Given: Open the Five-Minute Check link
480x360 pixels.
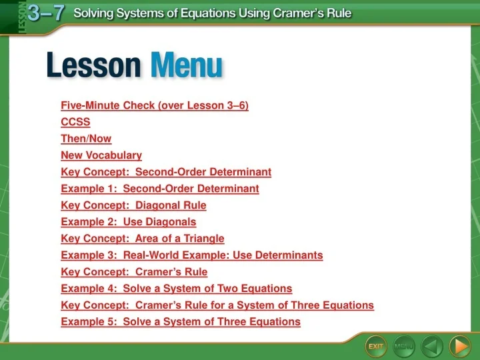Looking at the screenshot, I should (155, 105).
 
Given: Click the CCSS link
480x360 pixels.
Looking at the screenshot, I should (75, 122).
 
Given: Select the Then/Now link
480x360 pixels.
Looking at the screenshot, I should (86, 139).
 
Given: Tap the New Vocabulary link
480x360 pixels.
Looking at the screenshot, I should (101, 155).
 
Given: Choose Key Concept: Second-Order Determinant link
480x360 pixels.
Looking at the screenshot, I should (166, 172).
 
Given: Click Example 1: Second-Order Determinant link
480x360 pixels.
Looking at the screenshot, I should (160, 189).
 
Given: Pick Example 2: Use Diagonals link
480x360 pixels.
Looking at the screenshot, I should (129, 222).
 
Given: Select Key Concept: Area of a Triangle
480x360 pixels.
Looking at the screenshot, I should (143, 239).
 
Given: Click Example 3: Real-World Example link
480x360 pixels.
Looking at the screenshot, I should (192, 255).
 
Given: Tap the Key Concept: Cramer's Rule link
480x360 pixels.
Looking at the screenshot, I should (134, 272).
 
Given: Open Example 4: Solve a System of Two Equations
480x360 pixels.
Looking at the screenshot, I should (177, 289).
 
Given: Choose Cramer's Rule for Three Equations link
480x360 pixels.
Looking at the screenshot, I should (217, 305).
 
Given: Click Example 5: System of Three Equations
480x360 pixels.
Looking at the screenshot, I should (181, 322).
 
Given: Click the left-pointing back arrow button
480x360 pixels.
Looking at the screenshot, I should (433, 346).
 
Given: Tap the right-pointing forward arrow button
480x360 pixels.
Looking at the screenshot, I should (460, 346).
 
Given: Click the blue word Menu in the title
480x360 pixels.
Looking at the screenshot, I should (186, 67).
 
